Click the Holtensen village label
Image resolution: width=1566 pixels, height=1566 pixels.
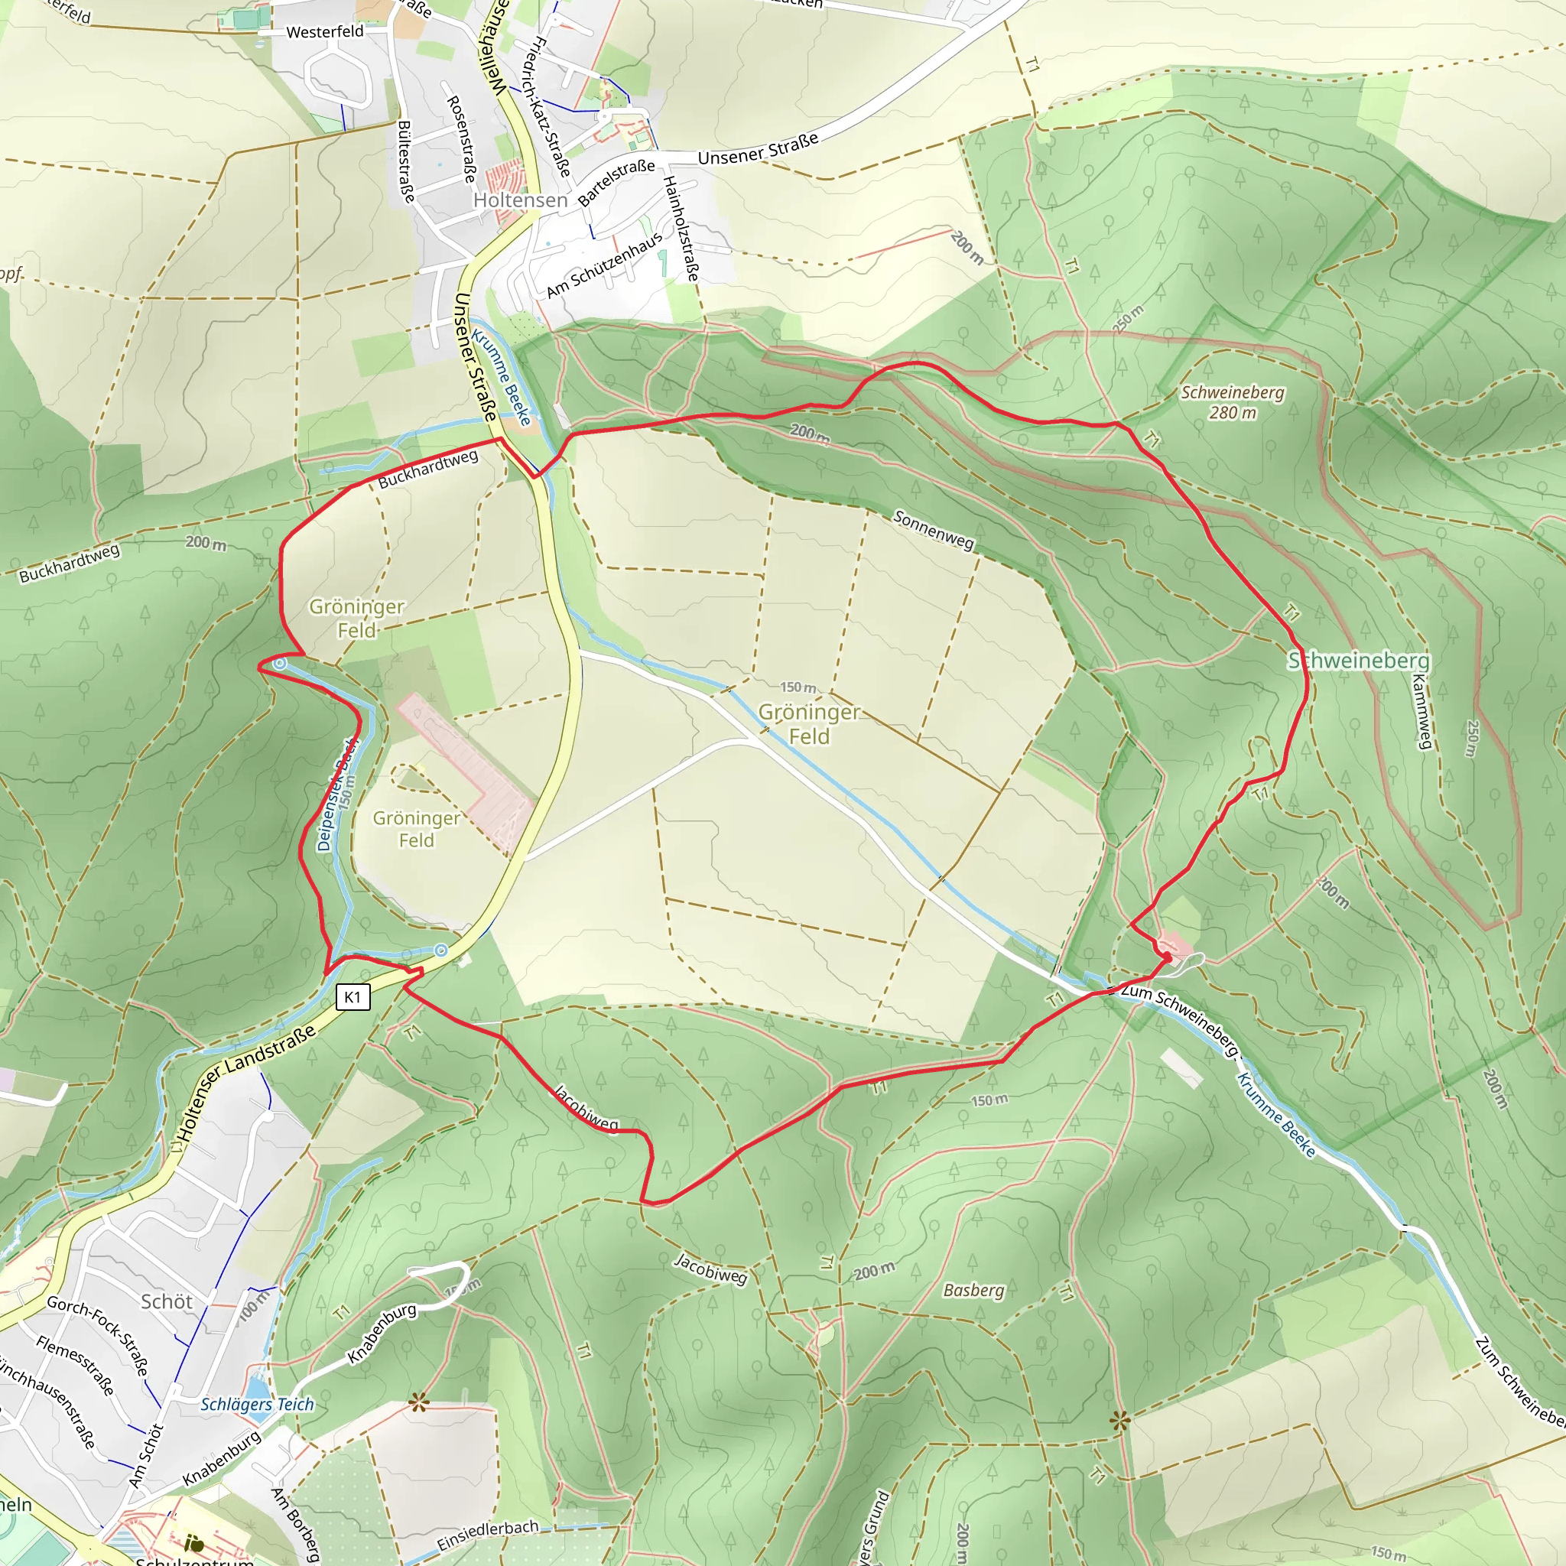tap(521, 200)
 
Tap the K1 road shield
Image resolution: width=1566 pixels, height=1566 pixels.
tap(353, 997)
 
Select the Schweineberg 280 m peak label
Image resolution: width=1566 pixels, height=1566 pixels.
tap(1232, 402)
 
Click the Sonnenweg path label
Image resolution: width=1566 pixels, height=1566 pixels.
tap(934, 530)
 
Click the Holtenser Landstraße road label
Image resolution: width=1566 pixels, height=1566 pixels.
tap(247, 1083)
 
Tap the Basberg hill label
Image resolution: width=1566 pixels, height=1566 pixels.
tap(973, 1290)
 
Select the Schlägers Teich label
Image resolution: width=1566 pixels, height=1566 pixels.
tap(257, 1405)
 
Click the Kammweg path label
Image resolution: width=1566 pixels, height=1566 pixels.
tap(1421, 712)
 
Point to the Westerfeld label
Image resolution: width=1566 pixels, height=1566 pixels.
tap(325, 31)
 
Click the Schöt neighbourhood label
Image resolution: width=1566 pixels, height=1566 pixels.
tap(166, 1301)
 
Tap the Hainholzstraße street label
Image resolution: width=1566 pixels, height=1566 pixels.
tap(681, 229)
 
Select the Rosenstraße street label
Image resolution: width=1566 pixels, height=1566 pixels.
tap(461, 138)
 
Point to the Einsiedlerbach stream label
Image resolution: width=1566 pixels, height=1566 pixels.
tap(487, 1535)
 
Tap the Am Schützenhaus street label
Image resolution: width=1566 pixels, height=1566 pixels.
tap(604, 265)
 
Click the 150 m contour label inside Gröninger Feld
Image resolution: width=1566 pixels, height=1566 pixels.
tap(798, 687)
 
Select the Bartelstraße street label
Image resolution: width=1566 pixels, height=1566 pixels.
tap(616, 183)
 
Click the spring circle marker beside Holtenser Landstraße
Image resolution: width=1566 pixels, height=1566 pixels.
tap(440, 950)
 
